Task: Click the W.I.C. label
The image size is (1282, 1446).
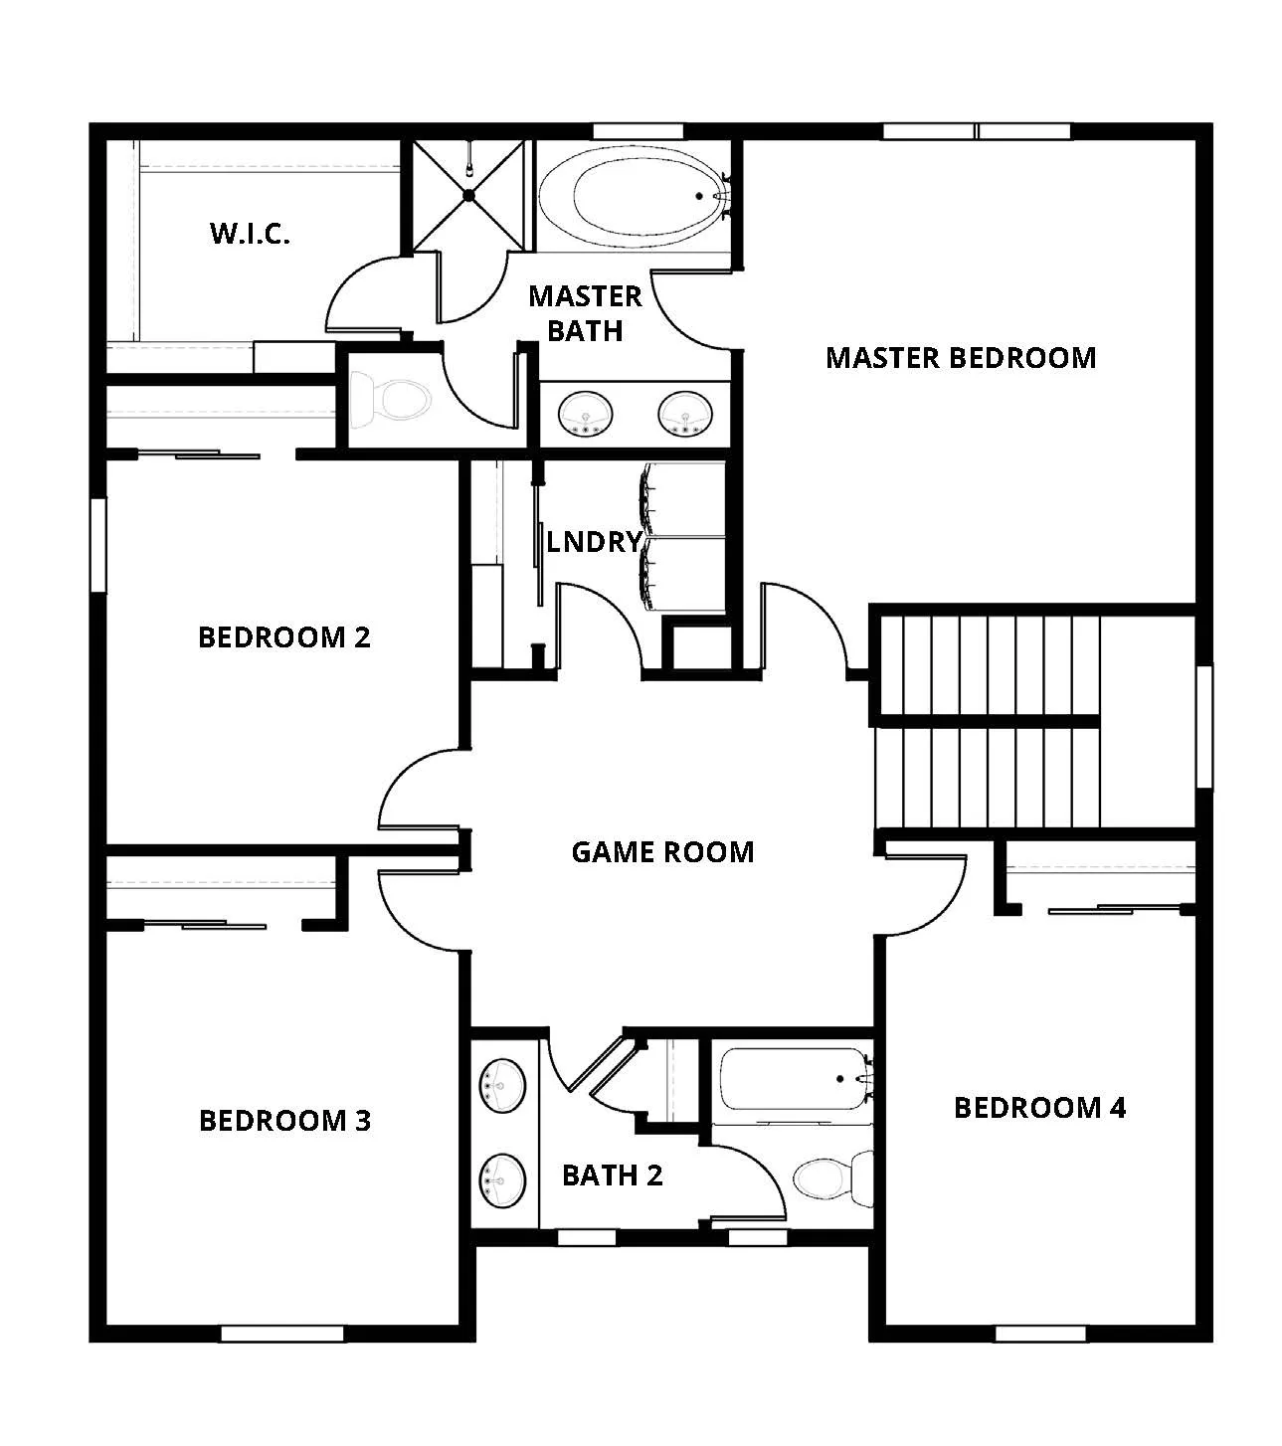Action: tap(250, 234)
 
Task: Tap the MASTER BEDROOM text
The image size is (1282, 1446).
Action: tap(960, 358)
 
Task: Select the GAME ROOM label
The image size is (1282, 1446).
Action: tap(662, 852)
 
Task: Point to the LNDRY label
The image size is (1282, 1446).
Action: tap(594, 542)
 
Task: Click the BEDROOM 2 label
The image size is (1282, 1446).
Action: tap(284, 636)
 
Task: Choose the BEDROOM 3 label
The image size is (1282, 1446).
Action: tap(284, 1121)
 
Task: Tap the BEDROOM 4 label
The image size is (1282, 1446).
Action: tap(1039, 1108)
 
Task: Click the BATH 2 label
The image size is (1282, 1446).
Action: tap(612, 1175)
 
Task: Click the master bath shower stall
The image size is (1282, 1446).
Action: tap(469, 196)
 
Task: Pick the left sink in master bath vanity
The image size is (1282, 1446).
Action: tap(585, 413)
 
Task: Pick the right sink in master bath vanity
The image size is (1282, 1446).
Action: tap(684, 413)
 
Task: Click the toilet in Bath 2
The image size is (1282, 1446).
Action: tap(830, 1178)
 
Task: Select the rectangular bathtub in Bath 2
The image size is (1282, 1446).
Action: tap(794, 1080)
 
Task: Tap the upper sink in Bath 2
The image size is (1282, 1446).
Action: tap(503, 1085)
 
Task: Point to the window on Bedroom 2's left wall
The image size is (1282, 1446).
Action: tap(97, 545)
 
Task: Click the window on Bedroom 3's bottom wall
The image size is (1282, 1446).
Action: tap(281, 1334)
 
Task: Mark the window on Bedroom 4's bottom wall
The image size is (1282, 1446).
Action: tap(1040, 1334)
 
